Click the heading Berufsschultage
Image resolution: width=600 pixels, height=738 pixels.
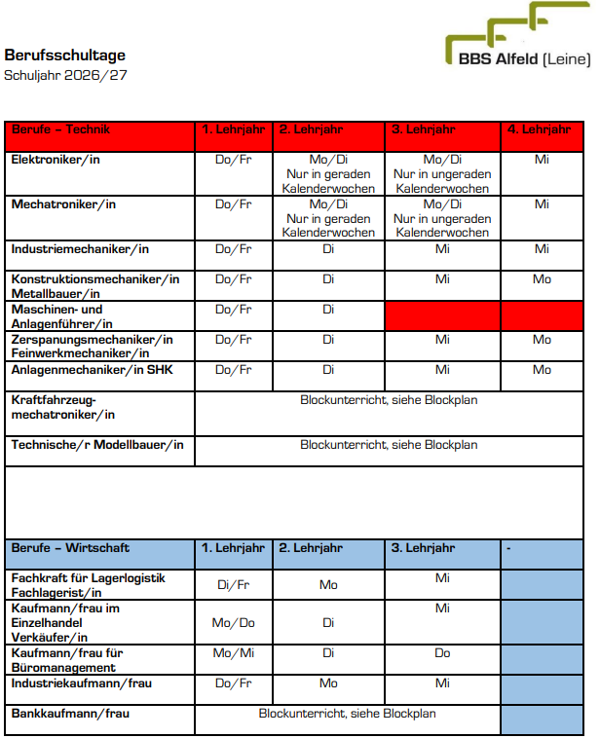(64, 55)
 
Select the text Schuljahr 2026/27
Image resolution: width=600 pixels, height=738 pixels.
(65, 75)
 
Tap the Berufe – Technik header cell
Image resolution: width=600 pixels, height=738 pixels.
(60, 129)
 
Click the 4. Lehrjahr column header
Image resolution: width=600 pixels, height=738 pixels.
(542, 129)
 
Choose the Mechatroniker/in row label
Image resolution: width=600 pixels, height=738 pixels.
(63, 204)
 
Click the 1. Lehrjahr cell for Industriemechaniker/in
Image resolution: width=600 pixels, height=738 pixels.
(233, 249)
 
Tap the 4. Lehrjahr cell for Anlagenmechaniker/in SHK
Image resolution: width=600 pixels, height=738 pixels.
(542, 370)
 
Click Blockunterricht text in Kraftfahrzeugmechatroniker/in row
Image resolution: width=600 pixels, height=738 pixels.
(389, 399)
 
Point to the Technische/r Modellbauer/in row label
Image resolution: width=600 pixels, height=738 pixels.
(97, 445)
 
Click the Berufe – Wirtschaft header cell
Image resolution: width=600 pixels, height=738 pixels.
(70, 548)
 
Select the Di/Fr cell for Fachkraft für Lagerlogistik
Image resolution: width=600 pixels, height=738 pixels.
(233, 585)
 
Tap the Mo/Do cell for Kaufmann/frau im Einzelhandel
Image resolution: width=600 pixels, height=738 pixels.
(233, 622)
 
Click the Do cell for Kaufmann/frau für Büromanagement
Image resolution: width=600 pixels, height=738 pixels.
(442, 653)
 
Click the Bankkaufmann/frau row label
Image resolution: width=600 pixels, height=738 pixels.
(70, 714)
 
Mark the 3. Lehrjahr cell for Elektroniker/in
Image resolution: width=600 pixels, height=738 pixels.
(442, 173)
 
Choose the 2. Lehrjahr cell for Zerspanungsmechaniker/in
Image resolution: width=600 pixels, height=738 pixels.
(328, 340)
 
